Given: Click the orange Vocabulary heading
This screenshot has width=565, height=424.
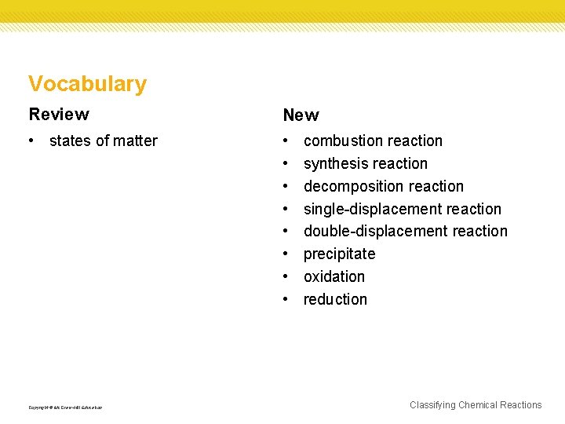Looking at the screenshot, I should (x=87, y=84).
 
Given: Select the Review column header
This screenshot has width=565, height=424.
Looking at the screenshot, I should (x=59, y=115).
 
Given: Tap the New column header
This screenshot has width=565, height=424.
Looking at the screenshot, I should (x=301, y=115).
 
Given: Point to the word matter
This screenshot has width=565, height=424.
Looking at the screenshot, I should (x=136, y=141).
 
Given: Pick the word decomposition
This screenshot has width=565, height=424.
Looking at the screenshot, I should (x=350, y=187).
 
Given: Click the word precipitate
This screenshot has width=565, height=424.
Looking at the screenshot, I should (x=339, y=254).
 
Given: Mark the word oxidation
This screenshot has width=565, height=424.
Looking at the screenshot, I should (x=334, y=277).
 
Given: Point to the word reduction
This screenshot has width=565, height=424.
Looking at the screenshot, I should (x=335, y=300).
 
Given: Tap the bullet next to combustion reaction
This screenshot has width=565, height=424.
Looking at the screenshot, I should (x=287, y=141).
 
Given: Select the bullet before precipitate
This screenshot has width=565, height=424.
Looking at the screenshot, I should (x=287, y=254).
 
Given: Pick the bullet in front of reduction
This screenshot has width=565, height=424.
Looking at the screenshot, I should (x=287, y=300).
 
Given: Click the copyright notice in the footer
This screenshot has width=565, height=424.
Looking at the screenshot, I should (x=65, y=408).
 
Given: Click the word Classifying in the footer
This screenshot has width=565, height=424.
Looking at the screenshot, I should (x=432, y=405).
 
